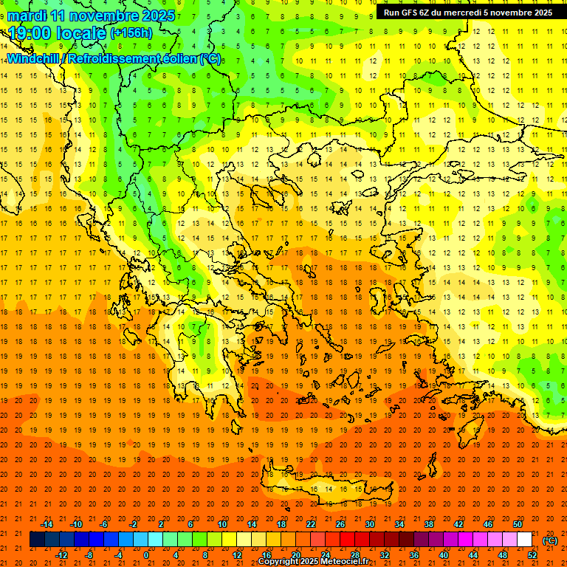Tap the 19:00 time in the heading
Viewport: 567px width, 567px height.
[x=30, y=33]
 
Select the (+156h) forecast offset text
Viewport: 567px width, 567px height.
[x=131, y=33]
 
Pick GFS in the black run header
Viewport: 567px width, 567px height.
[x=416, y=13]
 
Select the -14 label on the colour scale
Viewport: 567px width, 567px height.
[x=47, y=524]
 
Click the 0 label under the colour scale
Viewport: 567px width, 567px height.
[x=146, y=555]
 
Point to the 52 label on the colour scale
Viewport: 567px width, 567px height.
[x=532, y=555]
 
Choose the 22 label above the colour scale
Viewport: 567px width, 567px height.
[x=311, y=524]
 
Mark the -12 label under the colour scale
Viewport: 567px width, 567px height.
[x=61, y=555]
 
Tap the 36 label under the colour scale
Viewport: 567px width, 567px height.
[x=414, y=555]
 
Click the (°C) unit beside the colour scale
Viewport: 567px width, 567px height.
[x=550, y=540]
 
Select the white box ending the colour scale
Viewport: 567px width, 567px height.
[x=525, y=540]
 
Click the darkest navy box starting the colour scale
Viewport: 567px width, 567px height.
[x=37, y=540]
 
